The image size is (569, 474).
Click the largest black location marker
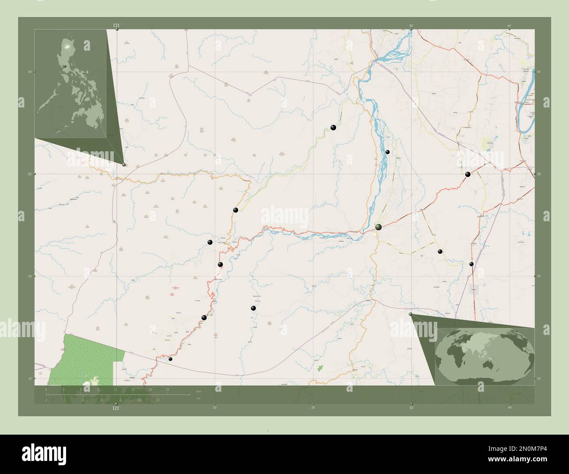pyautogui.click(x=378, y=227)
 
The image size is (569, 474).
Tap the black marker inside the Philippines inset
pyautogui.click(x=65, y=66)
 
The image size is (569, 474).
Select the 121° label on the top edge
pyautogui.click(x=116, y=26)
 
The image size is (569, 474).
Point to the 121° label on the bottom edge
pyautogui.click(x=116, y=408)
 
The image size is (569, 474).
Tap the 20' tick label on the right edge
pyautogui.click(x=539, y=276)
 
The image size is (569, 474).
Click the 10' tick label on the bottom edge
pyautogui.click(x=214, y=408)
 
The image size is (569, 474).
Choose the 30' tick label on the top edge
pyautogui.click(x=411, y=26)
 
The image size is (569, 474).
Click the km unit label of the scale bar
pyautogui.click(x=199, y=391)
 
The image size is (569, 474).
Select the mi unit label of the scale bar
pyautogui.click(x=198, y=398)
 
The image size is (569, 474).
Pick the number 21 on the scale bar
pyautogui.click(x=168, y=389)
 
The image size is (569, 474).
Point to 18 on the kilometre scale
pyautogui.click(x=150, y=389)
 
